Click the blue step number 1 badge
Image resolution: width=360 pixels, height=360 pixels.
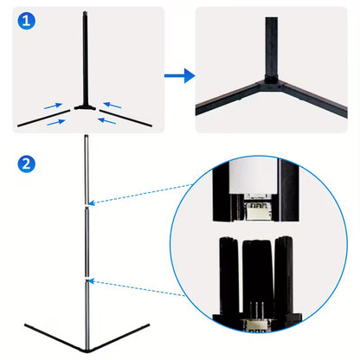(29, 20)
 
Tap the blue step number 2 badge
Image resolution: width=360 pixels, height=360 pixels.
(29, 163)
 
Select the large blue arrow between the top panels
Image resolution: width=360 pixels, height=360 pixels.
(178, 76)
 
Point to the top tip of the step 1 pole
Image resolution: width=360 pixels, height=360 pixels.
(86, 12)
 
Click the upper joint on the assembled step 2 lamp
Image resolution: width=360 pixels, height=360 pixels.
(86, 205)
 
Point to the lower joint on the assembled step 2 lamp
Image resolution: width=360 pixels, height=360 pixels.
(86, 280)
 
